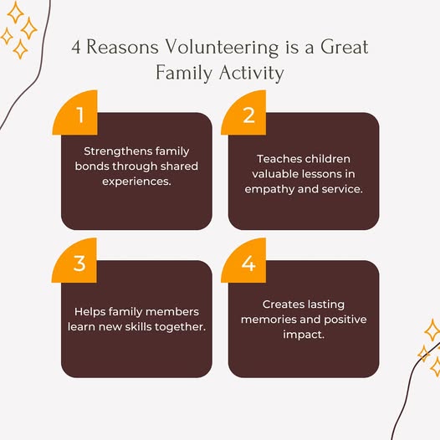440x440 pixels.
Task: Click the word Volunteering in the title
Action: point(221,48)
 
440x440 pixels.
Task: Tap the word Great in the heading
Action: point(344,47)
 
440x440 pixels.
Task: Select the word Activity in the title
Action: point(252,74)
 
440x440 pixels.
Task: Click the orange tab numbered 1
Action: point(75,113)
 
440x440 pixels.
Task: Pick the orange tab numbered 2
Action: point(243,113)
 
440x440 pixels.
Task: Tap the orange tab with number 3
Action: point(74,260)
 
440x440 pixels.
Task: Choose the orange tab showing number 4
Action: point(243,260)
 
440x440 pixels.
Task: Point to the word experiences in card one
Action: point(136,182)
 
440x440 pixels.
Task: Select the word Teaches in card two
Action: point(279,159)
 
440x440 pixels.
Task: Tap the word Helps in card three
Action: point(90,312)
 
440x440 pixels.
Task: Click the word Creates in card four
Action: point(283,304)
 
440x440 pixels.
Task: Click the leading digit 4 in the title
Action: point(76,47)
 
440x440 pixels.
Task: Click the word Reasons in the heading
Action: point(122,47)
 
